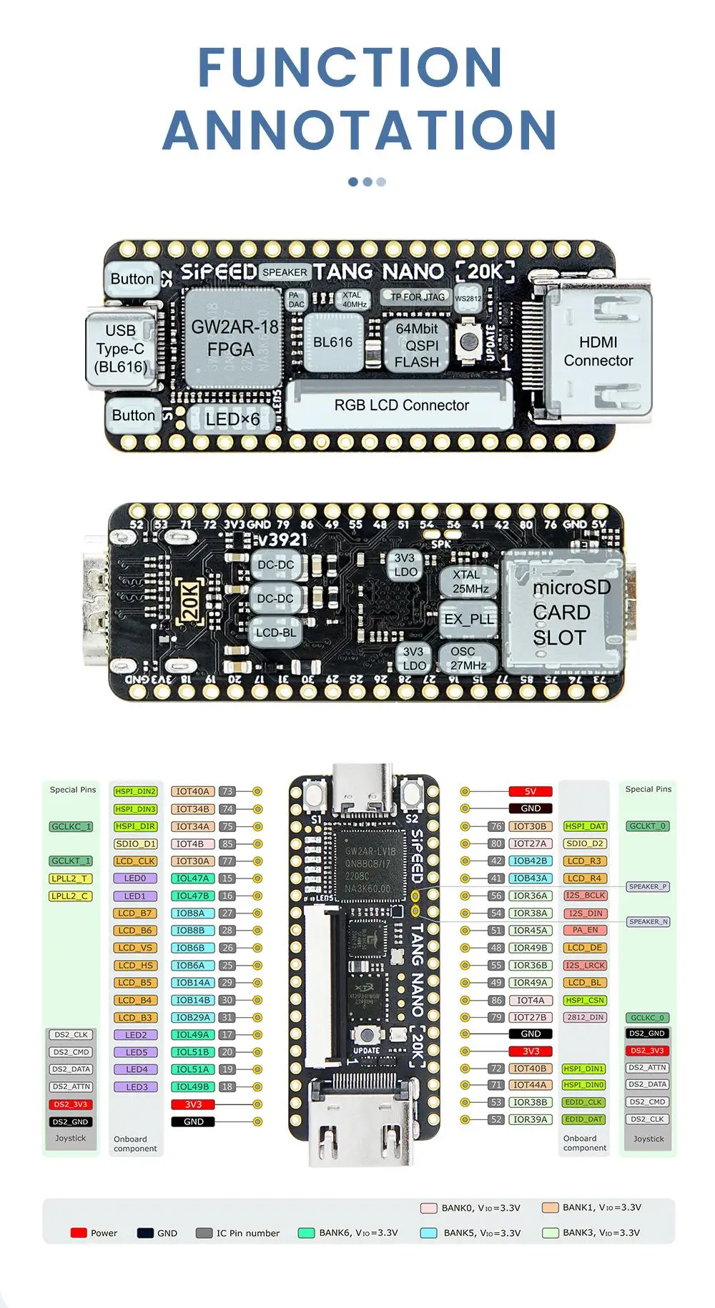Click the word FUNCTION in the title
point(350,68)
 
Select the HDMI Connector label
point(598,352)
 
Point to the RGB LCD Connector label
point(401,405)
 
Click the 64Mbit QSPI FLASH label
point(417,345)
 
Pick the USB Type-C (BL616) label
point(120,349)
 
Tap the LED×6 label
point(232,419)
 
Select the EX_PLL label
point(469,619)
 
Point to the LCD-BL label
point(275,633)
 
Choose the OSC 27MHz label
point(468,658)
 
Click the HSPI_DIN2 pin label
point(135,791)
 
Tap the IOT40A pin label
point(193,791)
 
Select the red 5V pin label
point(531,791)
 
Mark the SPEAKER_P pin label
point(648,886)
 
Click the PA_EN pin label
point(585,930)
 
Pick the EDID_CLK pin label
point(584,1102)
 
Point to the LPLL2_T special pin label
point(69,878)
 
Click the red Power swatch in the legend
point(79,1233)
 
